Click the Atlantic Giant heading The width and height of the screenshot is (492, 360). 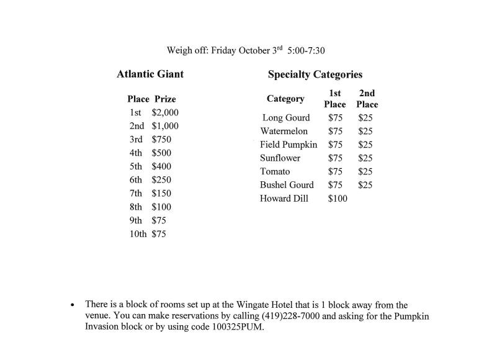click(x=150, y=74)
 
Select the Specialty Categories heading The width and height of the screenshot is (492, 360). click(x=315, y=74)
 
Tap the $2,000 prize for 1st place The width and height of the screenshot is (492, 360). click(x=165, y=112)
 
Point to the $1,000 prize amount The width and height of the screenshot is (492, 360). click(x=165, y=126)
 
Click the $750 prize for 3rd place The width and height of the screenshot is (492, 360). click(x=161, y=140)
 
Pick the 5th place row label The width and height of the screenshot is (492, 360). click(x=136, y=166)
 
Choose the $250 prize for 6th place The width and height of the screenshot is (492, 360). click(x=161, y=180)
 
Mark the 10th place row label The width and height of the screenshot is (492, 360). click(x=138, y=234)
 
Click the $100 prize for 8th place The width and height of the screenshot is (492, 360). click(x=161, y=207)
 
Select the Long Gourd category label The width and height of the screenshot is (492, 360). click(x=286, y=118)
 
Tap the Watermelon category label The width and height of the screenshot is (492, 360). click(x=284, y=131)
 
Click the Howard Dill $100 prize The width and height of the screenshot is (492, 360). click(x=338, y=199)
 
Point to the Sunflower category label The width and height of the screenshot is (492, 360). click(x=280, y=158)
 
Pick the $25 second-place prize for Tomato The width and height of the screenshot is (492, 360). click(x=365, y=171)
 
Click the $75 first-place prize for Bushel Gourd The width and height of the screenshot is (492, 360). click(x=335, y=185)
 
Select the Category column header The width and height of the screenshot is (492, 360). click(x=285, y=99)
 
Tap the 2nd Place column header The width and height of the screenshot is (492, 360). click(x=367, y=99)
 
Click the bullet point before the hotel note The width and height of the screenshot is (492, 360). click(x=73, y=305)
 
